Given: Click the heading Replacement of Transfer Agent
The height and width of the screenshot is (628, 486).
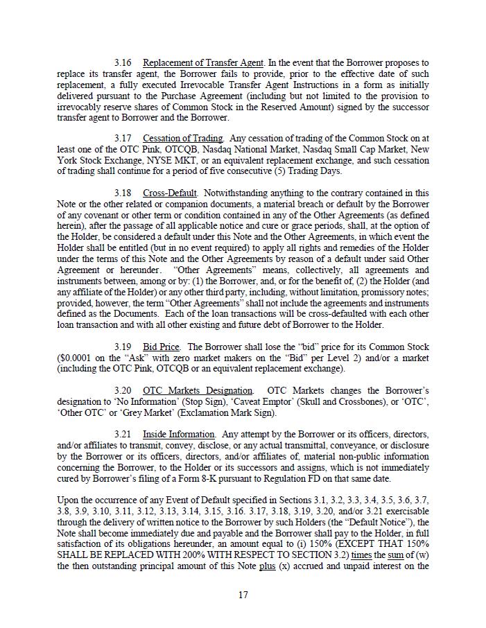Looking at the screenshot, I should pos(203,63).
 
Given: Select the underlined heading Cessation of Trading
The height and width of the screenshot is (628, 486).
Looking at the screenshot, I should pos(183,139).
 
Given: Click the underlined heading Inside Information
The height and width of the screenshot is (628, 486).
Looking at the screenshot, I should pos(178,435).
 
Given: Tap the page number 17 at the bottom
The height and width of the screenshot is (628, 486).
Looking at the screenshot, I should pos(243,595).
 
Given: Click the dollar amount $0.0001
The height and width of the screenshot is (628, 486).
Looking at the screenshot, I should pos(78,358).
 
